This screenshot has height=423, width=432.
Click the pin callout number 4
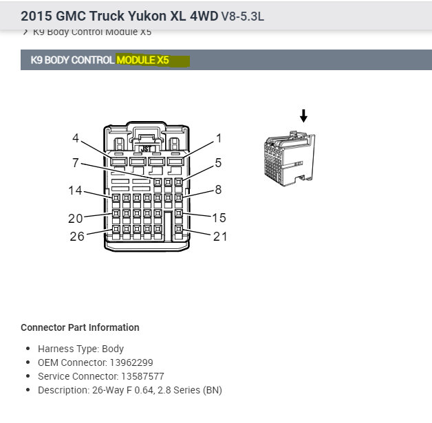point(76,138)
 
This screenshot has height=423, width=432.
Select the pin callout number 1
point(219,138)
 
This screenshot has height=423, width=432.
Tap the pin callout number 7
point(76,164)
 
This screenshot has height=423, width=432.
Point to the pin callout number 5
point(218,164)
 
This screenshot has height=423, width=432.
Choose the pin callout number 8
point(218,190)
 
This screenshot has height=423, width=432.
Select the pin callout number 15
point(219,217)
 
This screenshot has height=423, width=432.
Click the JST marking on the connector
point(146,148)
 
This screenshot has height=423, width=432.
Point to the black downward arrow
point(303,116)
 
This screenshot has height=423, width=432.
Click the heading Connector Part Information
point(80,327)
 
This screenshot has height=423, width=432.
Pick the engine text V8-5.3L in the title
point(242,14)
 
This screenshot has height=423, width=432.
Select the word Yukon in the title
point(140,14)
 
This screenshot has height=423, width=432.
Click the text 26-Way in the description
point(109,390)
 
